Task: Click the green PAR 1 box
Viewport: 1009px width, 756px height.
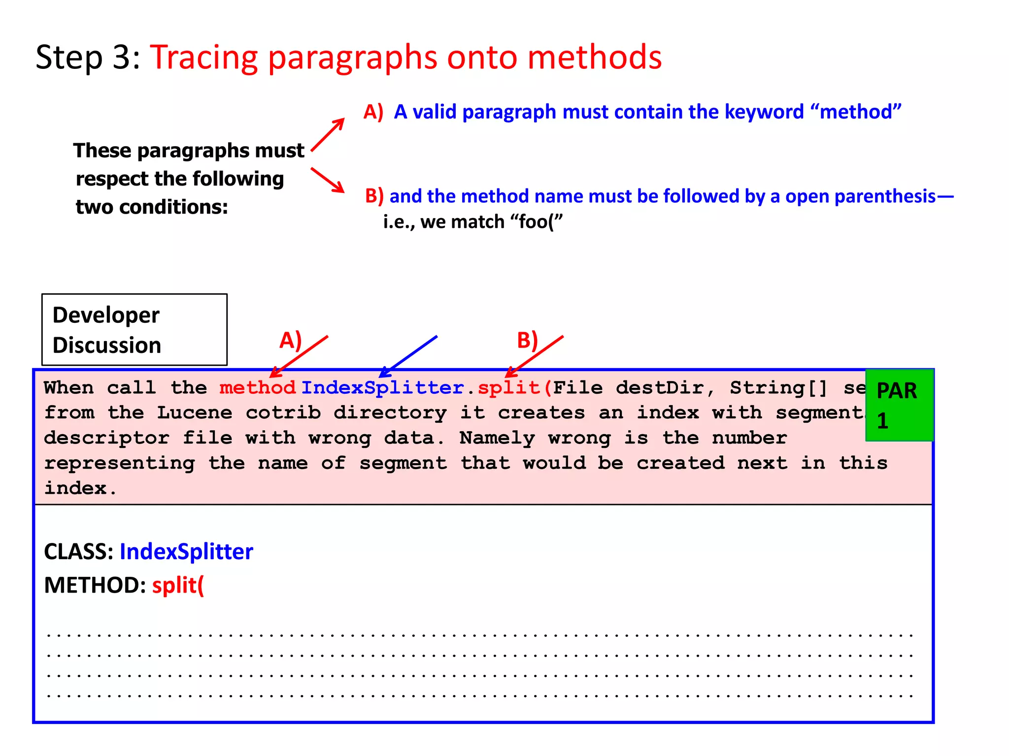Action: (899, 405)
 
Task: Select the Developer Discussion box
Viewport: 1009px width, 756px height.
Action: (134, 330)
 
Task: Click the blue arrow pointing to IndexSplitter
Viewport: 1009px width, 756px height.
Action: (408, 356)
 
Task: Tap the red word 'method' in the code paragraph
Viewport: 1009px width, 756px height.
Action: (257, 388)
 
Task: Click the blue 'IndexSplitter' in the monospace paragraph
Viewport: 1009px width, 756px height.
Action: (382, 388)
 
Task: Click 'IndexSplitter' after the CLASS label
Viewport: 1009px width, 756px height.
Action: (186, 552)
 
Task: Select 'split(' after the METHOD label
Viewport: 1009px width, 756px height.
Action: (178, 585)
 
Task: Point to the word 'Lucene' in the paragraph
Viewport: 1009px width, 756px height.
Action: (195, 412)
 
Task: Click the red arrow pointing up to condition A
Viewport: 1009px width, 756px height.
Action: (328, 134)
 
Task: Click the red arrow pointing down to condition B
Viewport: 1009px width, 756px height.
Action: (328, 180)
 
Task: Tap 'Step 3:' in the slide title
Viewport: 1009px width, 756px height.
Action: (88, 57)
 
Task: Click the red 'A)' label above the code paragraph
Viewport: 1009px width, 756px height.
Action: (290, 340)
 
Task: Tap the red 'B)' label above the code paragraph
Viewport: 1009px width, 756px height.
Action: (527, 340)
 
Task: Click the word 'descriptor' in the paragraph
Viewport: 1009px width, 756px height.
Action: (106, 438)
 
